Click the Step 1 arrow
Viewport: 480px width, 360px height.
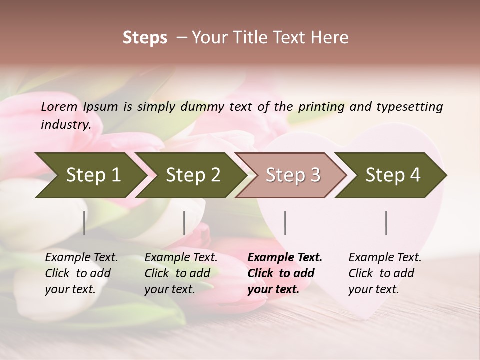90,175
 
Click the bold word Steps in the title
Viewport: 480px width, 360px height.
145,38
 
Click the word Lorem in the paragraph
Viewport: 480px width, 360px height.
59,106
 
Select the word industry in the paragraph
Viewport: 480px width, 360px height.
65,125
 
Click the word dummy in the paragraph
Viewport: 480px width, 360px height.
203,106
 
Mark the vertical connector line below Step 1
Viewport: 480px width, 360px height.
84,223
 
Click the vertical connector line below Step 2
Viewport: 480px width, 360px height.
184,223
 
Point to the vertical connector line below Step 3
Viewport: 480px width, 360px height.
285,223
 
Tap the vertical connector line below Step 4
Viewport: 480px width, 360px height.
386,223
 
